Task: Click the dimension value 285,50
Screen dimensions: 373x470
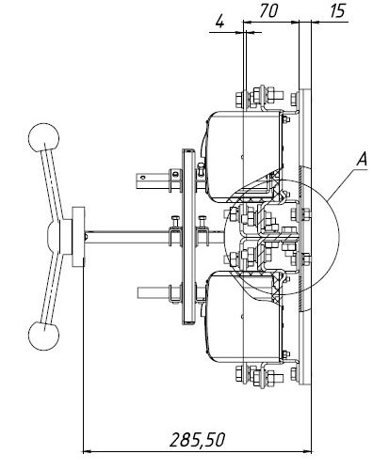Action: (x=197, y=440)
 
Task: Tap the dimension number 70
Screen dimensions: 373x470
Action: (x=268, y=10)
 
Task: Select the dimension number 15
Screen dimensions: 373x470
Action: (x=337, y=10)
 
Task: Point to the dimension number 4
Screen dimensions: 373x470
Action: (x=220, y=22)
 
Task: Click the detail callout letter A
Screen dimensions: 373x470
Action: (x=362, y=159)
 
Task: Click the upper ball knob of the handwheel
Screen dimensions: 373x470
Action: (x=43, y=137)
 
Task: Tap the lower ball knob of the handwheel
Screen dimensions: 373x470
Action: (x=43, y=336)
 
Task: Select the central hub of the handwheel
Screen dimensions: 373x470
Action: (x=59, y=237)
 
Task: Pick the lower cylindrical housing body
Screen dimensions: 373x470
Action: (x=244, y=317)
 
